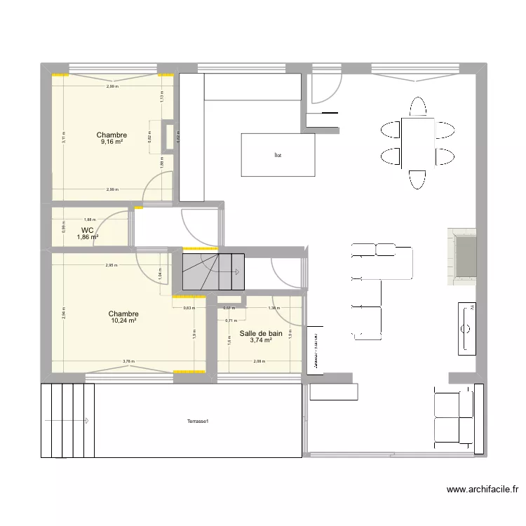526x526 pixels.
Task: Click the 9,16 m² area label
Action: click(x=112, y=142)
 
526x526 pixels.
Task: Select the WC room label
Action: click(x=87, y=230)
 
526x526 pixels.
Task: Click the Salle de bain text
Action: click(x=261, y=334)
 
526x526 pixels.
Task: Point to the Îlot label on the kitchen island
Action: click(x=278, y=156)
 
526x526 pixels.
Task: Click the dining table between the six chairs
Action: click(x=417, y=143)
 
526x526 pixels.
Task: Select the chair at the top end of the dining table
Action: click(x=418, y=107)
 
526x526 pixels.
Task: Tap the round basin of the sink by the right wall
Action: click(x=466, y=328)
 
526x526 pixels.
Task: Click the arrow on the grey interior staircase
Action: click(x=237, y=271)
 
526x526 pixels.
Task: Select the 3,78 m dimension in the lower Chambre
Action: click(x=128, y=362)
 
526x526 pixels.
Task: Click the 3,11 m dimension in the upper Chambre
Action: click(x=62, y=137)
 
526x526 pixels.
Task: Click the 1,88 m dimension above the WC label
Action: click(x=89, y=219)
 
